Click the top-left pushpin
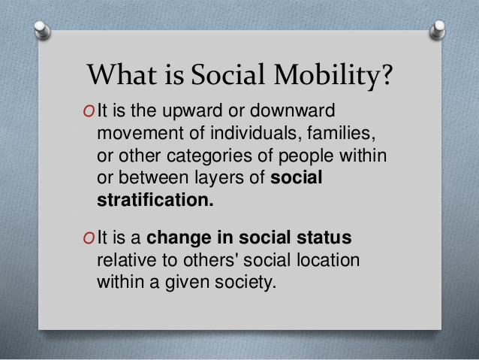42,30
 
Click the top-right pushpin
438,29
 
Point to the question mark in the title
386,74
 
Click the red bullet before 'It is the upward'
89,111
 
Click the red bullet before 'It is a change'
89,238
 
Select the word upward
192,111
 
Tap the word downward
292,110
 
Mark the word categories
209,156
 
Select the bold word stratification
155,200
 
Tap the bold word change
179,238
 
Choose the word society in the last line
246,282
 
